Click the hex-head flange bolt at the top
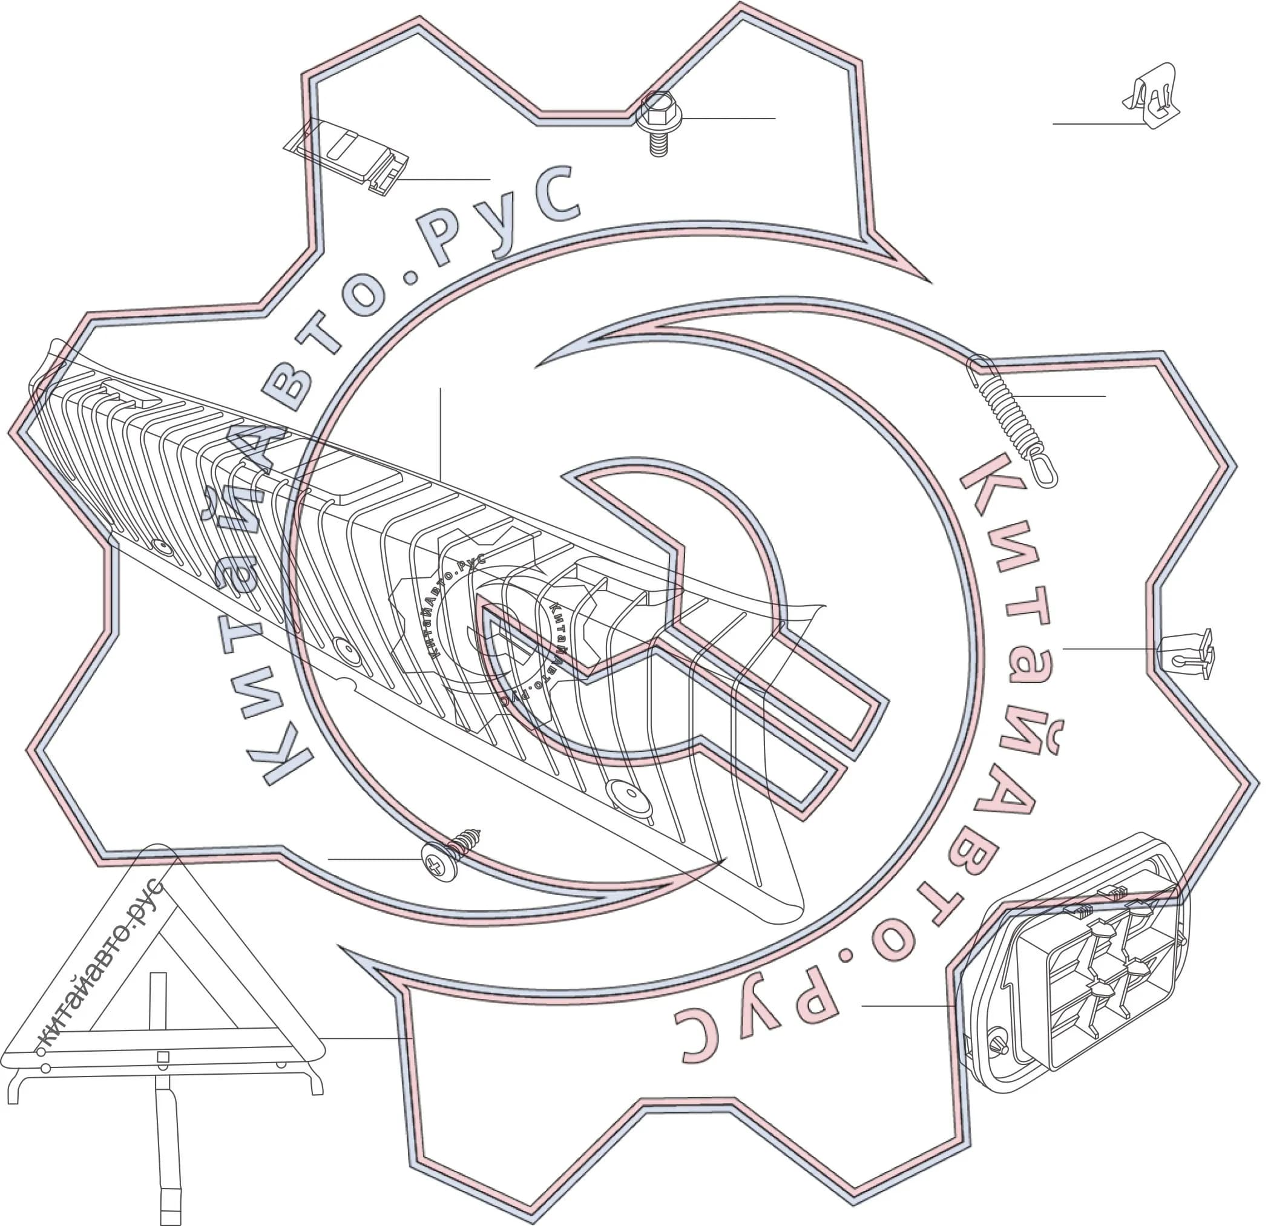pos(658,123)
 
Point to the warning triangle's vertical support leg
pos(167,1149)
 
